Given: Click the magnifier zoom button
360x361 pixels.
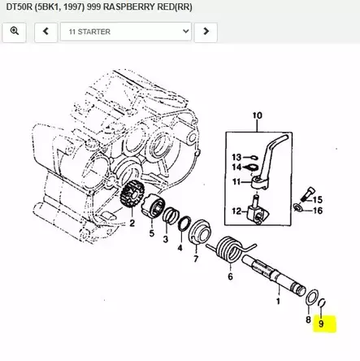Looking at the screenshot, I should point(15,32).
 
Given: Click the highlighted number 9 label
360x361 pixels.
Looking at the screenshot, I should point(321,324).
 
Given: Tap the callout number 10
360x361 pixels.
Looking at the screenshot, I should point(258,115).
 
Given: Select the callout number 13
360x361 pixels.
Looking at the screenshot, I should point(236,156).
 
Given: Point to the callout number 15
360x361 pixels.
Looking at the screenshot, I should point(318,199).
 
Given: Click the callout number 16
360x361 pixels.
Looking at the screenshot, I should point(318,211).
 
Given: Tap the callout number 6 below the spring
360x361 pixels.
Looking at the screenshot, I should point(230,276).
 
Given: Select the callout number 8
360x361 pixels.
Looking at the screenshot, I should point(308,320).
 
